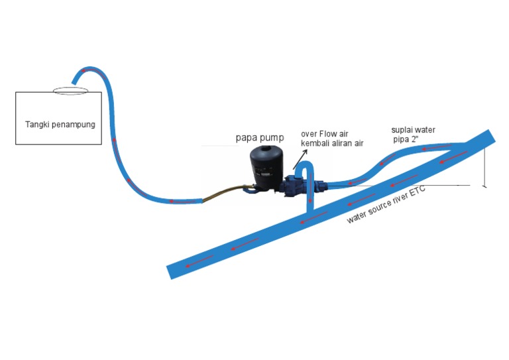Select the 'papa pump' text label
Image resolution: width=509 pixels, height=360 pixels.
(x=260, y=138)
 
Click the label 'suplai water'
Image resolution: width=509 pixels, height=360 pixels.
(x=413, y=129)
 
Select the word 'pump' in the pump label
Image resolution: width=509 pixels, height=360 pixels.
(x=270, y=138)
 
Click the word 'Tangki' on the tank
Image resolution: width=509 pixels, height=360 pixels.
(x=37, y=124)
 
